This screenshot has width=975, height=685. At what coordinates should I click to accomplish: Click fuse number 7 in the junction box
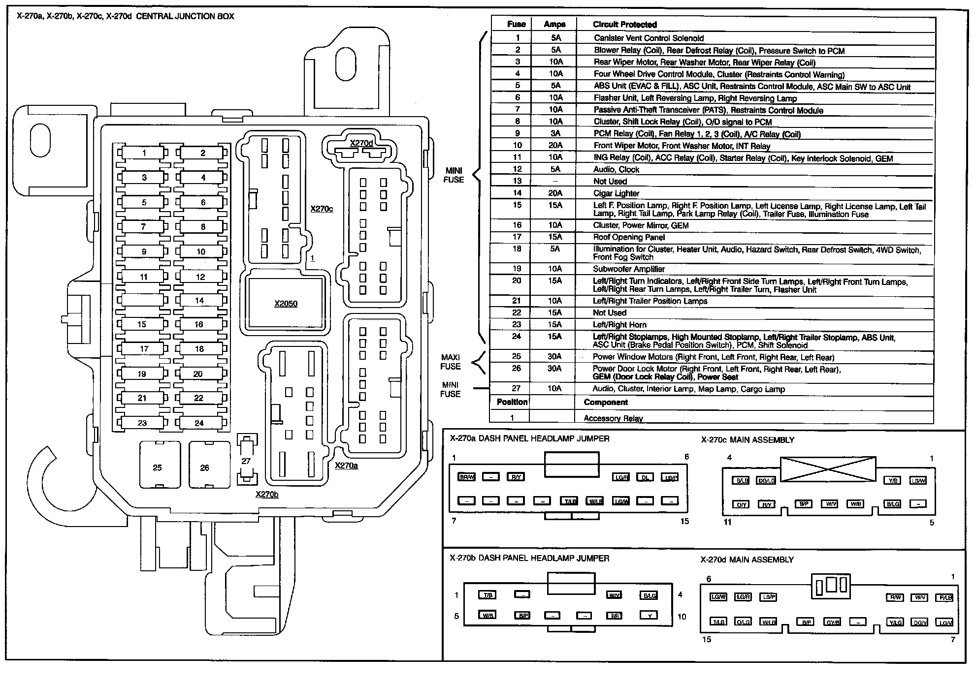point(143,227)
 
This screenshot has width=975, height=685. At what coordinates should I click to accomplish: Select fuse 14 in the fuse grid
point(199,300)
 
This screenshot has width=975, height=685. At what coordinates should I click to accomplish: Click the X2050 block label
point(286,304)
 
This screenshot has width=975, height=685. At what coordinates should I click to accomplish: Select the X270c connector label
point(322,209)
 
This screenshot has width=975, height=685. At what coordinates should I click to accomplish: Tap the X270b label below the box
point(267,494)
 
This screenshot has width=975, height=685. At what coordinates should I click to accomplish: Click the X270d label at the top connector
point(361,143)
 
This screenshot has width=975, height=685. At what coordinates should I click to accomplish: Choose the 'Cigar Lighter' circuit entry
point(616,193)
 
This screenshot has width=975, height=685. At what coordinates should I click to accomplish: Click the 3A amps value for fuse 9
point(555,133)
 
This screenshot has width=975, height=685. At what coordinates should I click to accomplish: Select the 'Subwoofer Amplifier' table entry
point(629,269)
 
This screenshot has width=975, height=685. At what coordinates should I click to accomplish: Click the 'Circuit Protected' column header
point(624,25)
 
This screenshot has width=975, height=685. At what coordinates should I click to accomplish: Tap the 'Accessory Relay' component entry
point(613,418)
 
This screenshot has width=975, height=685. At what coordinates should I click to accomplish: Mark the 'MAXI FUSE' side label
point(451,362)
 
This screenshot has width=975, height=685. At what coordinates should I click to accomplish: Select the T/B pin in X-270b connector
point(487,595)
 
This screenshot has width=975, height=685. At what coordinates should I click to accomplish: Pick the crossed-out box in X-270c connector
point(828,469)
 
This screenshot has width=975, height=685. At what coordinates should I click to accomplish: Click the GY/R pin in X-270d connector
point(833,623)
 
